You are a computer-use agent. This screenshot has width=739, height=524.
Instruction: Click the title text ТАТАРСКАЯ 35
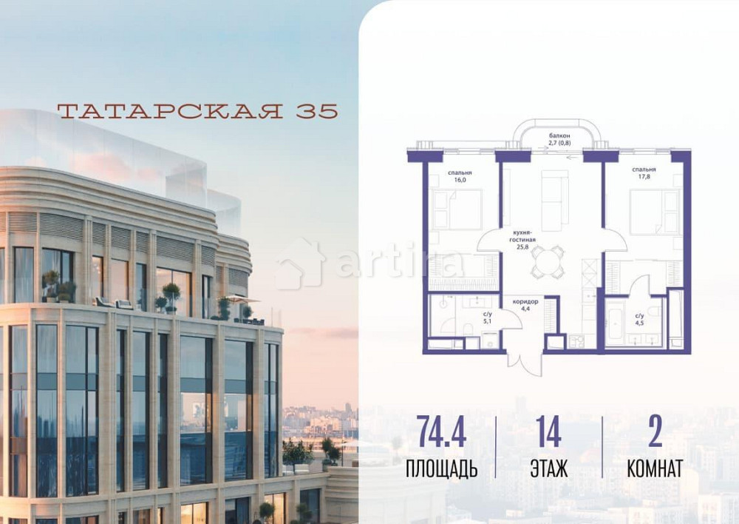pyautogui.click(x=197, y=111)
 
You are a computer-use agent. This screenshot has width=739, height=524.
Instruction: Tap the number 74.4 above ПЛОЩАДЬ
pyautogui.click(x=442, y=432)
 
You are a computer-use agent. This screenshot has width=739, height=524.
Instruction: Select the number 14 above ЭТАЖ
pyautogui.click(x=548, y=432)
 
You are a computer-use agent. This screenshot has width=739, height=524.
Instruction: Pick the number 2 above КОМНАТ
pyautogui.click(x=654, y=432)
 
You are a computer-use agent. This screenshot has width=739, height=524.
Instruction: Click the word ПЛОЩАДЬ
pyautogui.click(x=441, y=469)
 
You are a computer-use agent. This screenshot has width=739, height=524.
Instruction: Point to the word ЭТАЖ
pyautogui.click(x=548, y=469)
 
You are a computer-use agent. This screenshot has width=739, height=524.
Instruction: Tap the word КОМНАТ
pyautogui.click(x=654, y=469)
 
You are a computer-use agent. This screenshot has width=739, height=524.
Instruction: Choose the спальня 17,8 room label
pyautogui.click(x=644, y=174)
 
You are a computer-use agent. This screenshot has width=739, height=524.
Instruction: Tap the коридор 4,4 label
pyautogui.click(x=525, y=305)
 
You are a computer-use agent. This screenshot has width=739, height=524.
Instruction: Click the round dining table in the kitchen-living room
pyautogui.click(x=548, y=261)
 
